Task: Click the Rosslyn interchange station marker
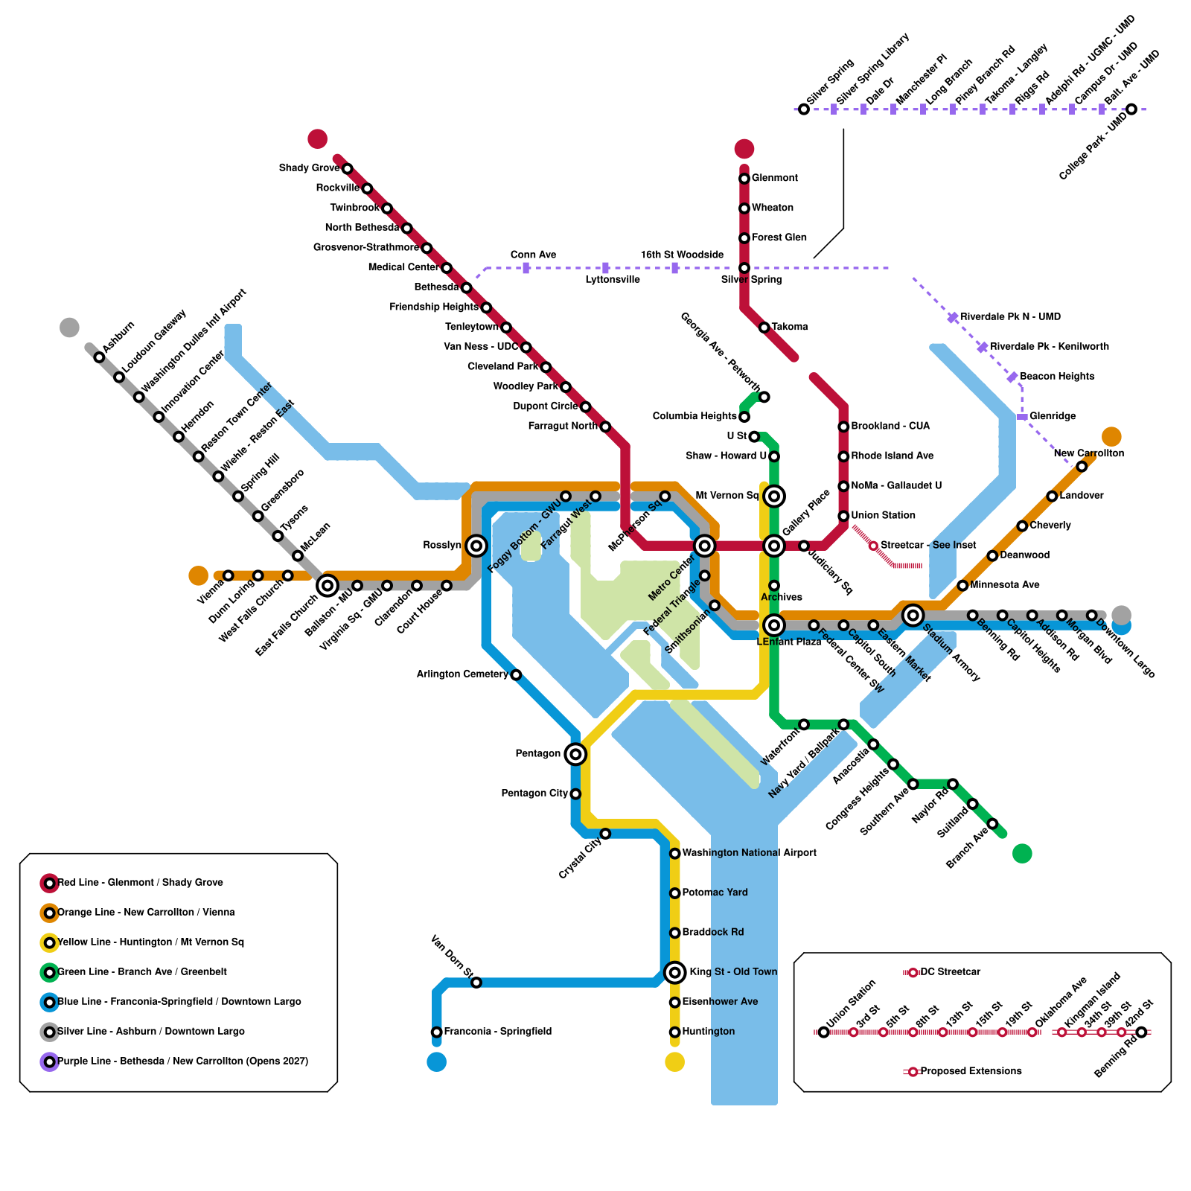click(476, 546)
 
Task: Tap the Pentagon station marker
click(575, 754)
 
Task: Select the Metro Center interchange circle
click(704, 546)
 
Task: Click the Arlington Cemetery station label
click(462, 674)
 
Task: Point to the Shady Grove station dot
click(347, 169)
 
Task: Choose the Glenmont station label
click(774, 178)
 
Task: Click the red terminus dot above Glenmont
click(744, 149)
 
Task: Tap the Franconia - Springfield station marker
click(437, 1032)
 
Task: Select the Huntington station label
click(708, 1032)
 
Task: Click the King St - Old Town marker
click(675, 972)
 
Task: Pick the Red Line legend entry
click(140, 883)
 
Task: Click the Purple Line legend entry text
click(182, 1061)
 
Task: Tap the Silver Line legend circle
click(50, 1032)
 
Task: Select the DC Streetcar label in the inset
click(950, 972)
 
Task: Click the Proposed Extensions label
click(971, 1071)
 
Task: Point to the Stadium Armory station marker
click(913, 615)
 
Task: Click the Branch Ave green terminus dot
click(1022, 853)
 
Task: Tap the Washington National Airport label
click(749, 853)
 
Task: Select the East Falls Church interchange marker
click(328, 586)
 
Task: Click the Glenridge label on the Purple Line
click(1053, 416)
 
